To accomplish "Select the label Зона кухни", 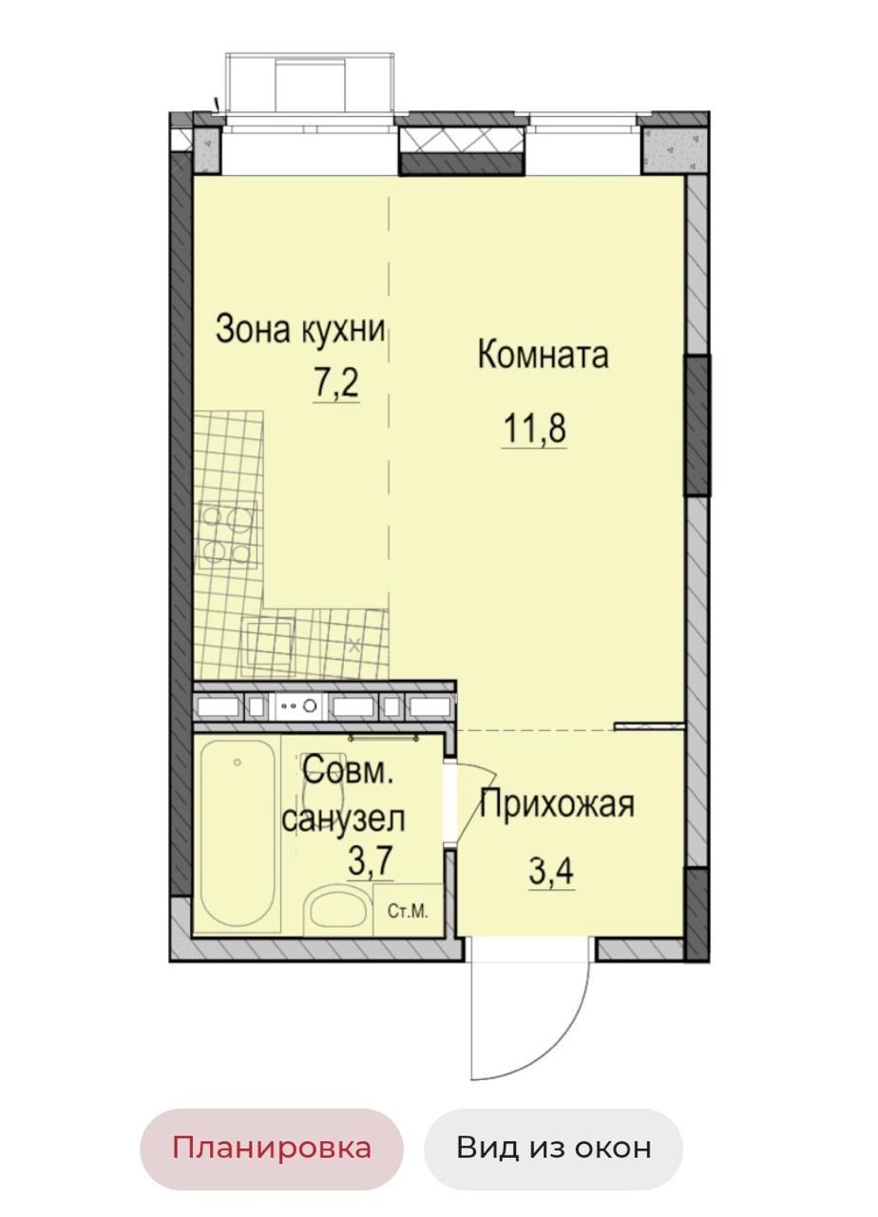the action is click(x=300, y=330).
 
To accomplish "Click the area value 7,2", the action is click(x=335, y=384).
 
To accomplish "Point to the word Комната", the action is click(x=543, y=356).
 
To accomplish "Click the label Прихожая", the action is click(x=558, y=804).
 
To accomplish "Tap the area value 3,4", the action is click(x=551, y=872).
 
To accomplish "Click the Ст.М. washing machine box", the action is click(x=409, y=910).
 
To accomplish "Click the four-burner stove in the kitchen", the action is click(x=227, y=534).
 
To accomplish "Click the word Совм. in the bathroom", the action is click(x=348, y=772).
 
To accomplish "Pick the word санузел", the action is click(x=344, y=819).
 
